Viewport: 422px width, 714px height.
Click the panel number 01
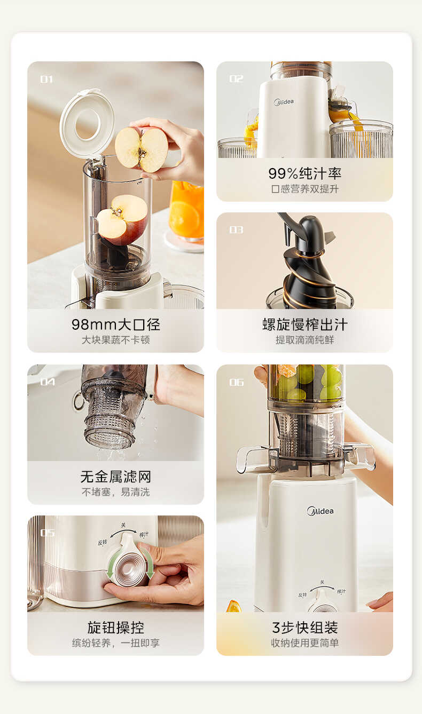point(46,80)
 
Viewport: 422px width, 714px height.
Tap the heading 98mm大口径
point(115,324)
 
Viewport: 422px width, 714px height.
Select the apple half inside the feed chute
point(122,219)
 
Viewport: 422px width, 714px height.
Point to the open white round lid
point(87,123)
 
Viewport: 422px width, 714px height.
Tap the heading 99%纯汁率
point(304,173)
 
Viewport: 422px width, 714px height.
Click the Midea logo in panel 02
point(284,102)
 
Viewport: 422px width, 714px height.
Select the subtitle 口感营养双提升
point(304,189)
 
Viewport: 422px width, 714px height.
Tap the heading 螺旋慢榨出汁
point(304,324)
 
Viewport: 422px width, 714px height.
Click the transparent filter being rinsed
point(112,411)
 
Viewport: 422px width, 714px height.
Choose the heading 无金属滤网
point(115,476)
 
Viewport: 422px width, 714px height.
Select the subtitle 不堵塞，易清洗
point(115,492)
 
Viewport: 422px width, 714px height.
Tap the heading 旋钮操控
point(115,627)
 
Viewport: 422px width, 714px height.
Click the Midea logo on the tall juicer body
point(320,511)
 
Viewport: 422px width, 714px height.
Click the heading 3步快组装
point(304,627)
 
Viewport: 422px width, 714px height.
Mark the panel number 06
point(236,382)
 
